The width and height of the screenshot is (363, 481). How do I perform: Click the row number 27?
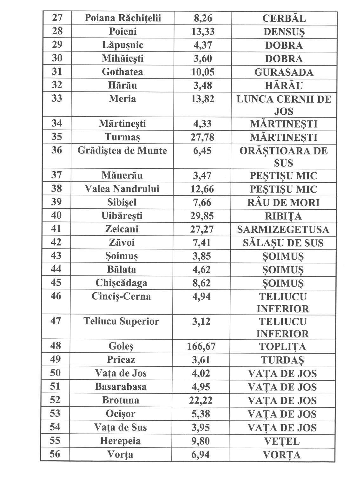[57, 18]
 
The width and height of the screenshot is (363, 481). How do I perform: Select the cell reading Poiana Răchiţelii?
[122, 18]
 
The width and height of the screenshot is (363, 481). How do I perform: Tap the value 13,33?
[203, 32]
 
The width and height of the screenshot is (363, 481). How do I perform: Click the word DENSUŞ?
[284, 32]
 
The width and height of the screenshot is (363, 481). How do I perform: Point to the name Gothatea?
[122, 72]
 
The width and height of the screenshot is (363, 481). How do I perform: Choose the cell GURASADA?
[284, 72]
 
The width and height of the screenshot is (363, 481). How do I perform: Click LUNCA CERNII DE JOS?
[284, 105]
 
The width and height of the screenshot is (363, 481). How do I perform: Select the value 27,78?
[202, 137]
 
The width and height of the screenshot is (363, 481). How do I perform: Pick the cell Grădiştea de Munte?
[122, 151]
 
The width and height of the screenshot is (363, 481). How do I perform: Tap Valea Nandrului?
[122, 189]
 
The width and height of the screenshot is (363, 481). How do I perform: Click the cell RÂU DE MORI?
[283, 203]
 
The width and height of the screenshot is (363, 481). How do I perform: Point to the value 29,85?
[202, 216]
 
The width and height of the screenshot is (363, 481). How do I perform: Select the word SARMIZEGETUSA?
[283, 230]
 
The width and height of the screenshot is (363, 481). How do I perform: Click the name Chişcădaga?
[122, 283]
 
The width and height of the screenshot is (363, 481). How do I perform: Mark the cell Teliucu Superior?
[121, 322]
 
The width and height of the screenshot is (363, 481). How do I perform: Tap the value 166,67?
[201, 346]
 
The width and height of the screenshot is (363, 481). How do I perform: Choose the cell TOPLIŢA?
[282, 347]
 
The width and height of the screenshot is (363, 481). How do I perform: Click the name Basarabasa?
[121, 387]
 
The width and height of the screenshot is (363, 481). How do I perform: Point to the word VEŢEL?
[282, 441]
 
